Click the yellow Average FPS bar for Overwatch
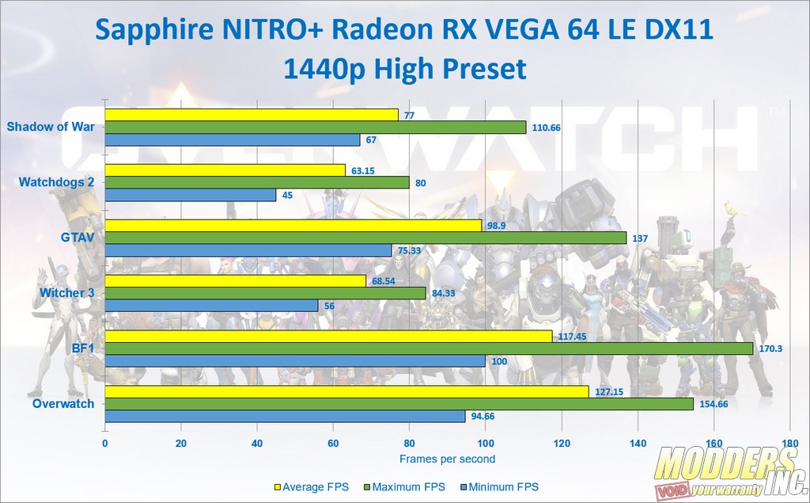coord(346,391)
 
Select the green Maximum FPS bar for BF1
coord(428,349)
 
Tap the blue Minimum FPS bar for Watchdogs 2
coord(190,195)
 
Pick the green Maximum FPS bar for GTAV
coord(365,238)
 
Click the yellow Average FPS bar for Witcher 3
coord(235,281)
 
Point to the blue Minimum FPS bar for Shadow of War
coord(232,140)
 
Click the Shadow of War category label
coord(51,127)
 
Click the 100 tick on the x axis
coord(486,444)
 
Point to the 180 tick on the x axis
coord(789,444)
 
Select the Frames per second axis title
coord(447,459)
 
